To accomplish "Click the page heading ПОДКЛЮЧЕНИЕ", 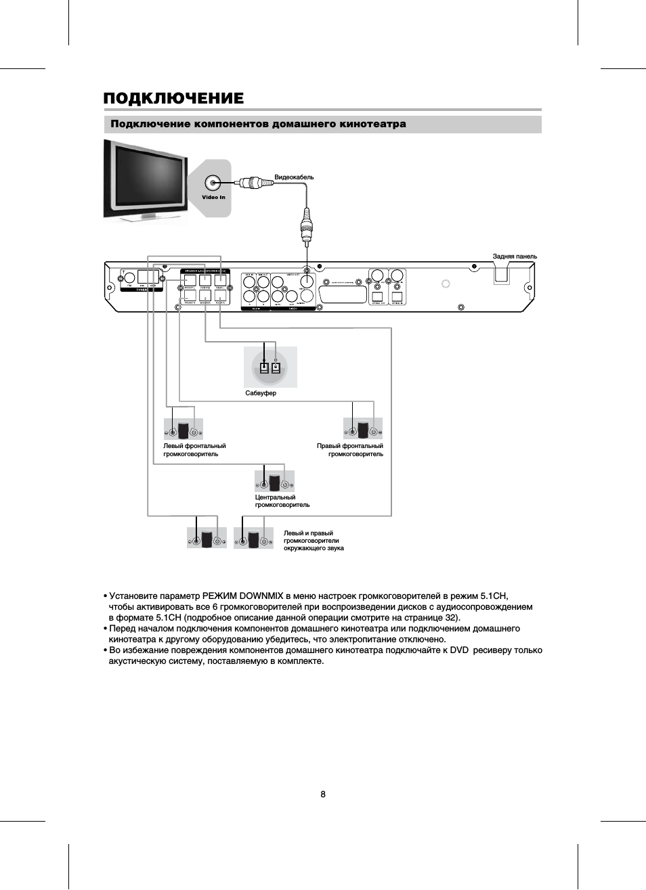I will [x=173, y=99].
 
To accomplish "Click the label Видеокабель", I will [x=294, y=177].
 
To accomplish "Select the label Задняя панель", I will [x=515, y=257].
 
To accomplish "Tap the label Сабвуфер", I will [x=261, y=393].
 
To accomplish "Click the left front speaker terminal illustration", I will [x=184, y=430].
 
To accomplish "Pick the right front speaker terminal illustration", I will [x=363, y=429].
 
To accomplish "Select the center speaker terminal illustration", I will [x=274, y=482].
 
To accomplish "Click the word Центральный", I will [x=275, y=497].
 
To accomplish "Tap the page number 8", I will [x=323, y=794].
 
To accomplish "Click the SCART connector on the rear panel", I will [x=343, y=294].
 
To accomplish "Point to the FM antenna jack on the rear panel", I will [x=129, y=277].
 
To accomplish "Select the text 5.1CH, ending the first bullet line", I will [x=494, y=596].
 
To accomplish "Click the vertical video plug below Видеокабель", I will [x=307, y=227].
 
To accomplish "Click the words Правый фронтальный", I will [x=349, y=446].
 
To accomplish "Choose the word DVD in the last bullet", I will [x=459, y=650].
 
